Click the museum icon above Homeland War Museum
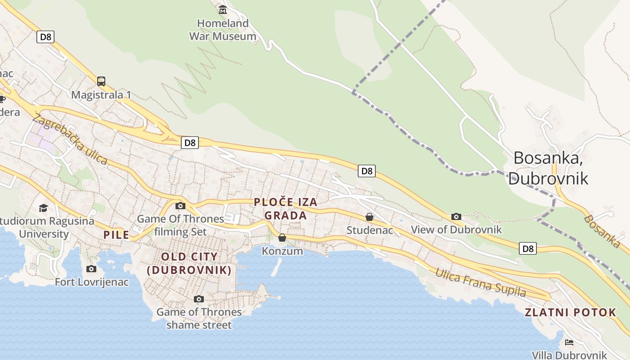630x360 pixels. tap(223, 9)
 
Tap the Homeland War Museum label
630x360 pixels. tap(223, 30)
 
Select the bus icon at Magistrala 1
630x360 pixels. tap(101, 81)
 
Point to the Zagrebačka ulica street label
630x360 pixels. tap(70, 139)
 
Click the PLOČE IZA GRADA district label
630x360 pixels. tap(286, 209)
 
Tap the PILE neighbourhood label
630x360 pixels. tap(116, 234)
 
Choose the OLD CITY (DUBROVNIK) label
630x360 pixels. tap(189, 263)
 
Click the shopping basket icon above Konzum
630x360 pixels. tap(282, 238)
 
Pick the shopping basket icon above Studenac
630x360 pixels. tap(369, 217)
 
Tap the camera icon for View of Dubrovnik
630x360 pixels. tap(456, 216)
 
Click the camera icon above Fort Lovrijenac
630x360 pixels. tap(91, 269)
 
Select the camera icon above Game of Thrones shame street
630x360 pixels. tap(198, 299)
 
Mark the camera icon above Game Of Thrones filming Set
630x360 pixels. tap(180, 206)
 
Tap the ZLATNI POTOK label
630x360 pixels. tap(571, 312)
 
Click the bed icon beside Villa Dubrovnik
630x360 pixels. tap(569, 342)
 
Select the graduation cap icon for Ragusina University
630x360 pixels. tap(43, 207)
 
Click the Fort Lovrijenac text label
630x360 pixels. tap(92, 282)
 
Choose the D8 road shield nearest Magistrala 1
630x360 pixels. tap(45, 37)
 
